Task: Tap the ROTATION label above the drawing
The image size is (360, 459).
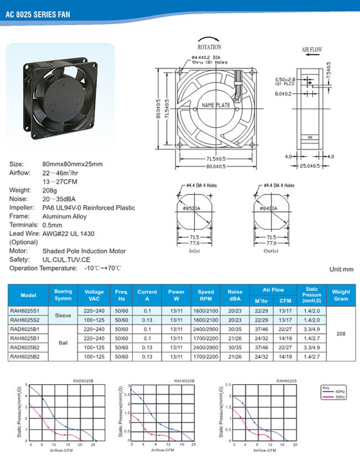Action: pyautogui.click(x=209, y=47)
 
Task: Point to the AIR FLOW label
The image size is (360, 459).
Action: pyautogui.click(x=312, y=50)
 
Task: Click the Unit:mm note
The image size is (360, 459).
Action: pyautogui.click(x=341, y=269)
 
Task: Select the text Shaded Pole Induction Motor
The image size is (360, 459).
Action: pyautogui.click(x=84, y=251)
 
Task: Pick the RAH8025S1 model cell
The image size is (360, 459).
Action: pyautogui.click(x=28, y=311)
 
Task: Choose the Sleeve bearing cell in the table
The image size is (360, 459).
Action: pyautogui.click(x=63, y=315)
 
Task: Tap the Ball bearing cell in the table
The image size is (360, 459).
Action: pyautogui.click(x=63, y=343)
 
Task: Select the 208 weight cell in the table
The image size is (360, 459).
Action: pyautogui.click(x=341, y=334)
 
